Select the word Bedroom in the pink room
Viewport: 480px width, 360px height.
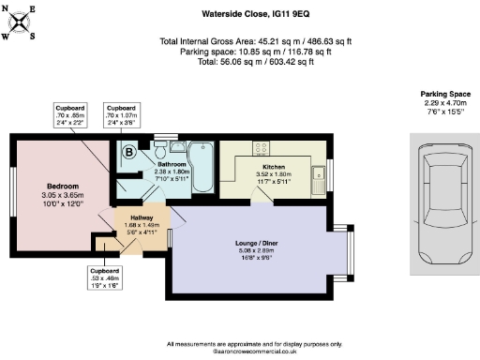point(63,186)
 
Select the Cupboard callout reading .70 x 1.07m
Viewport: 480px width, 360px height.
point(121,115)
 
